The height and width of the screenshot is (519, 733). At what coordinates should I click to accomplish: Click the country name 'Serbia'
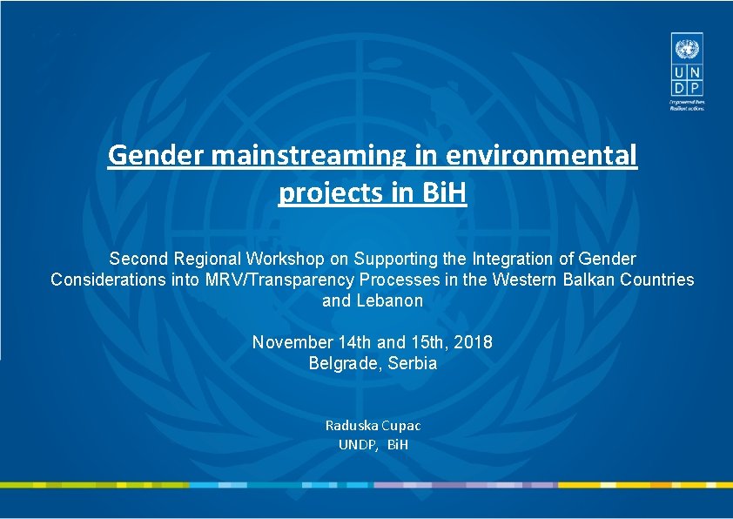point(413,363)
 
